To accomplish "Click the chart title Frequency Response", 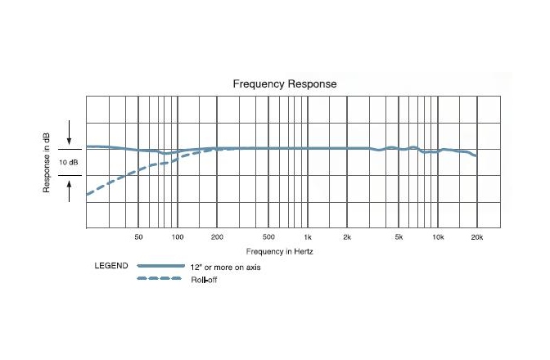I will point(285,83).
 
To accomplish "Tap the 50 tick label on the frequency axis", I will point(138,236).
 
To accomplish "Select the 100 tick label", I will point(178,236).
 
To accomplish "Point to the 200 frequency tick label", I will point(217,236).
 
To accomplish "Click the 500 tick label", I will point(268,236).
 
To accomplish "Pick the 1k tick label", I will point(308,236).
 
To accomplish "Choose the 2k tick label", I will point(347,236).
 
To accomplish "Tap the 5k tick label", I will point(399,236).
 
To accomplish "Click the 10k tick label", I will point(438,236).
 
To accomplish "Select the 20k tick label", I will point(476,236).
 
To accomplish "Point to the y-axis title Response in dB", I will point(47,162).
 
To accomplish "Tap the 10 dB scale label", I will point(70,162).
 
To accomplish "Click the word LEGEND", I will point(110,267).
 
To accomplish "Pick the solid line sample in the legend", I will point(160,267).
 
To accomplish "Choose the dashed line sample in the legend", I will point(160,279).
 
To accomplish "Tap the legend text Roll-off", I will point(204,280).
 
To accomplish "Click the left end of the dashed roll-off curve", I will point(88,195).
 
